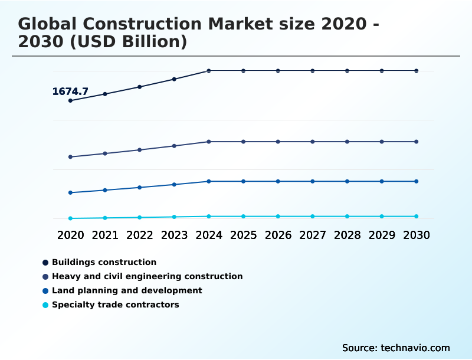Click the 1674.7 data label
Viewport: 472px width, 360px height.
pyautogui.click(x=70, y=91)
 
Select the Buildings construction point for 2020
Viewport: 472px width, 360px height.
pyautogui.click(x=70, y=100)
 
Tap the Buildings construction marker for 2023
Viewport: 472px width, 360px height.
pyautogui.click(x=174, y=79)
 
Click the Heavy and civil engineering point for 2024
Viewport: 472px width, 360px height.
pyautogui.click(x=209, y=142)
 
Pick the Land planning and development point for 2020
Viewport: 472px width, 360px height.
pyautogui.click(x=70, y=192)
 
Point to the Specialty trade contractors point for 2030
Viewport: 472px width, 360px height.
pyautogui.click(x=416, y=217)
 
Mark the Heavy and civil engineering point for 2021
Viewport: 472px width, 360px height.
pyautogui.click(x=105, y=153)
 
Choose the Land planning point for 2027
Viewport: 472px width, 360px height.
pyautogui.click(x=313, y=181)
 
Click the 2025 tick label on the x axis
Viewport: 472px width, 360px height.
pyautogui.click(x=243, y=235)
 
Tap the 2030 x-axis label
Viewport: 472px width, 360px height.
pyautogui.click(x=416, y=235)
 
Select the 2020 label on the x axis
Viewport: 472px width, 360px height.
pyautogui.click(x=70, y=235)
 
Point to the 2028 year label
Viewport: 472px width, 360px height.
pyautogui.click(x=347, y=235)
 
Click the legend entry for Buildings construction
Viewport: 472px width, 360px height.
pyautogui.click(x=104, y=262)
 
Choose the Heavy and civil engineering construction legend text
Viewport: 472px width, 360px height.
pyautogui.click(x=147, y=276)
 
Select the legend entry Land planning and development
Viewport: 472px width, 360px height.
pyautogui.click(x=127, y=290)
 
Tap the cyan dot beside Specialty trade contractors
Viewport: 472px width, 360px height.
pyautogui.click(x=45, y=305)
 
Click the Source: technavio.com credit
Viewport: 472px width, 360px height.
pyautogui.click(x=396, y=348)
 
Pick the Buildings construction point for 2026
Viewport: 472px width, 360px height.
pyautogui.click(x=278, y=71)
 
